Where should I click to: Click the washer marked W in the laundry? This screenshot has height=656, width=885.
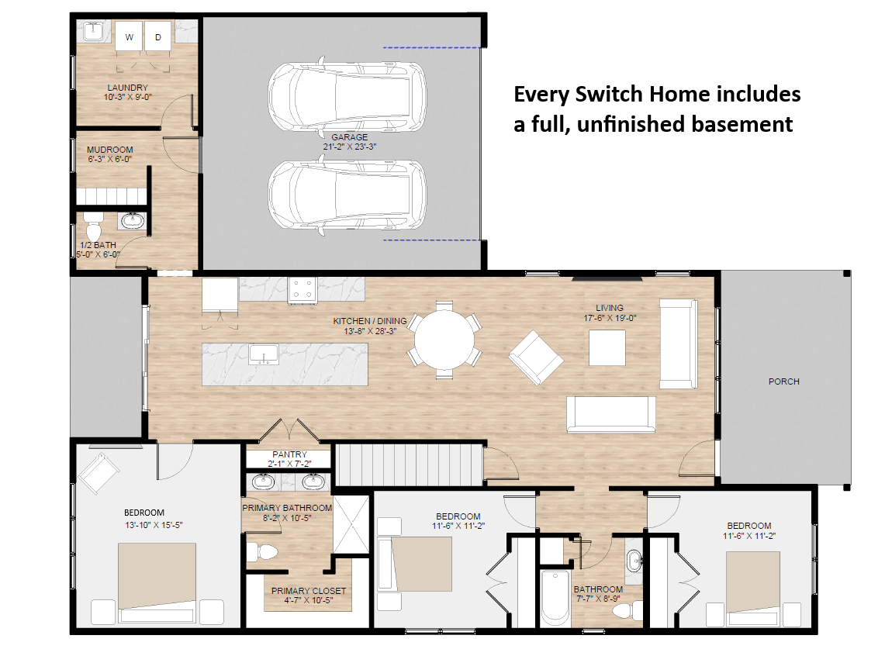(130, 36)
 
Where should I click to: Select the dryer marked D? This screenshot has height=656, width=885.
(158, 36)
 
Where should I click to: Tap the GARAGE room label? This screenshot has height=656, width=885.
(349, 137)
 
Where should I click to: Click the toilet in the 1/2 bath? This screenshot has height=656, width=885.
(92, 226)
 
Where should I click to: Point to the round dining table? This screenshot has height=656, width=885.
(444, 340)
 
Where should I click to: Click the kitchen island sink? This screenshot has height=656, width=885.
(264, 354)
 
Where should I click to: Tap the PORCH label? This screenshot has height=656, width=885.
(783, 382)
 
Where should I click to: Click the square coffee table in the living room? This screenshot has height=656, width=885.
(607, 347)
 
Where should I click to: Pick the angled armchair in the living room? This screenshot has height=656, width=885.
(535, 358)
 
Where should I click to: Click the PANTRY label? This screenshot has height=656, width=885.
(289, 454)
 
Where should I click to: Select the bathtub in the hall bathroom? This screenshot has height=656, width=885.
(555, 597)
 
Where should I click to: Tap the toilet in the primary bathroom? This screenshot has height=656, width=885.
(262, 551)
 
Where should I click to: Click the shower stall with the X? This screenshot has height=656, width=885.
(351, 525)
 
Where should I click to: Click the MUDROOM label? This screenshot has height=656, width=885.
(110, 150)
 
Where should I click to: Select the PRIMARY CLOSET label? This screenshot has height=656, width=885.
(308, 591)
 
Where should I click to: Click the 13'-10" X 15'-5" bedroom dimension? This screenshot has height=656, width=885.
(154, 525)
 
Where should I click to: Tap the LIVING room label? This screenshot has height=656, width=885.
(610, 307)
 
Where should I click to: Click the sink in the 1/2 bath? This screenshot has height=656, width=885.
(133, 220)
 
